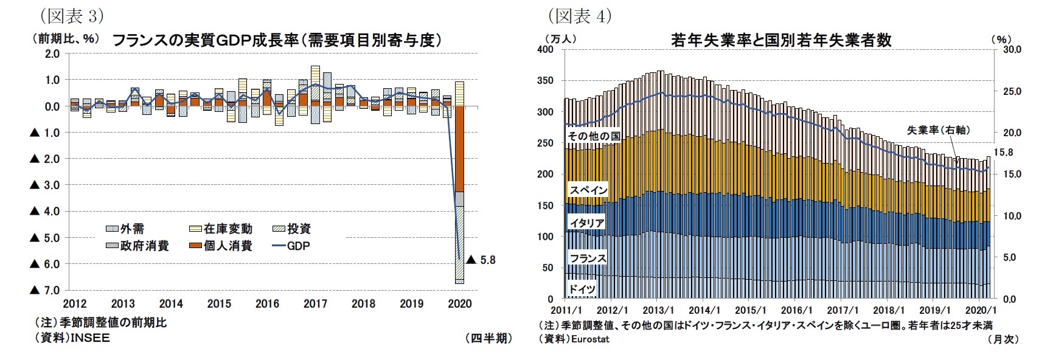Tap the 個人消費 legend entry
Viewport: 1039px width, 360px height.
pyautogui.click(x=228, y=246)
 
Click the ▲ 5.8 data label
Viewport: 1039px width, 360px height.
pyautogui.click(x=481, y=260)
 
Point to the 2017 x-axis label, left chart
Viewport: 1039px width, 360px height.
pyautogui.click(x=315, y=303)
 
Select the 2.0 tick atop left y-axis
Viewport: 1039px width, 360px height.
pyautogui.click(x=52, y=54)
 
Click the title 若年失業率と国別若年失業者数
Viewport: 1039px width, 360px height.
pyautogui.click(x=781, y=40)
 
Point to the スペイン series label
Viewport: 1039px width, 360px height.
pyautogui.click(x=588, y=190)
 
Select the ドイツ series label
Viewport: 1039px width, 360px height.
pyautogui.click(x=582, y=289)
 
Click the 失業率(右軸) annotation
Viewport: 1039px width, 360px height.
pyautogui.click(x=938, y=130)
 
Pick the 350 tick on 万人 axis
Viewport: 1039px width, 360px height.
pyautogui.click(x=545, y=81)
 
